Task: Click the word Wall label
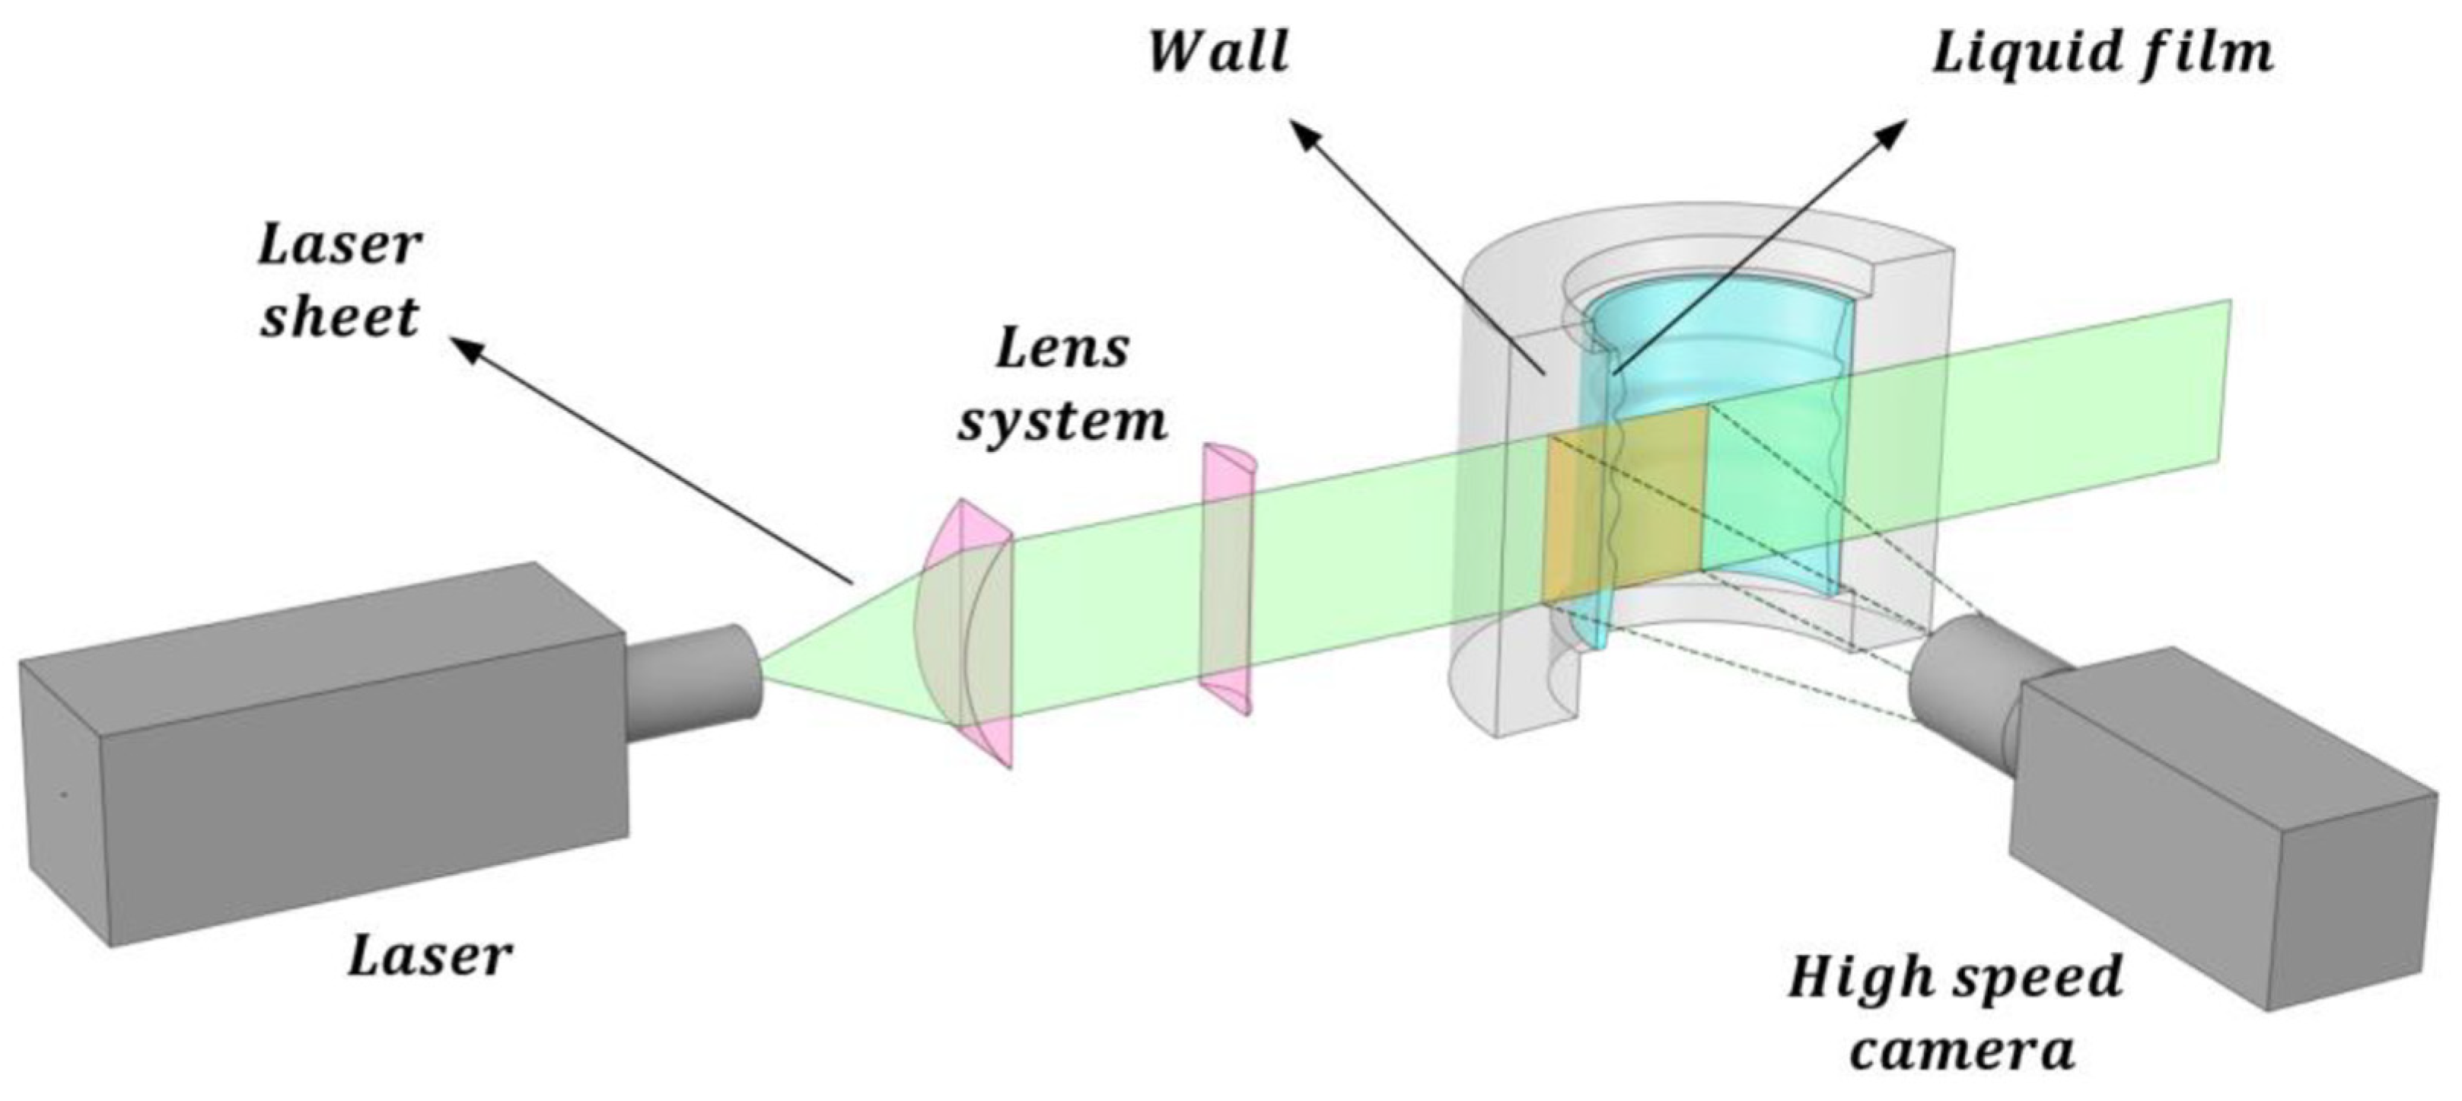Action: pyautogui.click(x=1218, y=52)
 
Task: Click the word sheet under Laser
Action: pyautogui.click(x=340, y=317)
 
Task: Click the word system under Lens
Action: pyautogui.click(x=1062, y=421)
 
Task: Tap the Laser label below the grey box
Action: pyautogui.click(x=429, y=956)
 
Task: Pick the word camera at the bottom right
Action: pyautogui.click(x=1962, y=1049)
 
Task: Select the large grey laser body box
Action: pyautogui.click(x=325, y=755)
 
